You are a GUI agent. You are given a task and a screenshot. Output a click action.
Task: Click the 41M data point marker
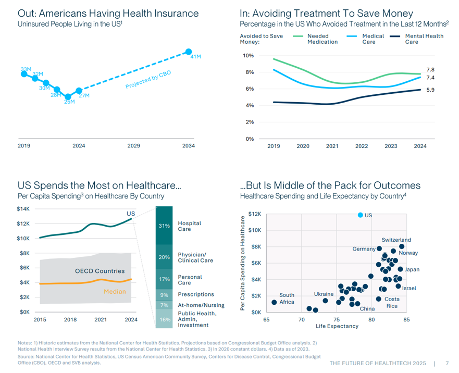point(189,52)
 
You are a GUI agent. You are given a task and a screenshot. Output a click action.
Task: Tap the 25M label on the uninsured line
point(69,102)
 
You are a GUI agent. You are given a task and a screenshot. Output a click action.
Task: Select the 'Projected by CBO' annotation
point(148,79)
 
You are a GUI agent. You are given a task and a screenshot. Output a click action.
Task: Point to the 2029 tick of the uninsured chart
point(134,146)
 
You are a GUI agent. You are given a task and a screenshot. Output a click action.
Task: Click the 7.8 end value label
point(430,70)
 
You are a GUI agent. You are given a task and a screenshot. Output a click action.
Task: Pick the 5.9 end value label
point(430,90)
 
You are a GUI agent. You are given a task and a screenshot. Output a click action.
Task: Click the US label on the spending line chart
point(131,214)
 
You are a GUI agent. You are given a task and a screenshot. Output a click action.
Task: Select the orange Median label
point(115,291)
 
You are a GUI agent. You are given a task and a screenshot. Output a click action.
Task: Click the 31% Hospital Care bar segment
point(165,226)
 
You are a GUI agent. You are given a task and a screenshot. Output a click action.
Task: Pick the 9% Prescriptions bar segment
point(165,295)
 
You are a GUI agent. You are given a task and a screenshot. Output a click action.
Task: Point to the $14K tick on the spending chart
point(24,209)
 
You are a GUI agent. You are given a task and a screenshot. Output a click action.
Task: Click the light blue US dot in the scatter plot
point(360,215)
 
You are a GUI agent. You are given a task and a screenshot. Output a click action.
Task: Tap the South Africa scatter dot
point(275,302)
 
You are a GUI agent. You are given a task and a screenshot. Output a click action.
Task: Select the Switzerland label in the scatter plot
point(396,240)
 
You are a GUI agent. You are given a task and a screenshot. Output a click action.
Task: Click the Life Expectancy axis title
point(337,326)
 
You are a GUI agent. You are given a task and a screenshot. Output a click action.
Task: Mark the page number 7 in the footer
point(447,363)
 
